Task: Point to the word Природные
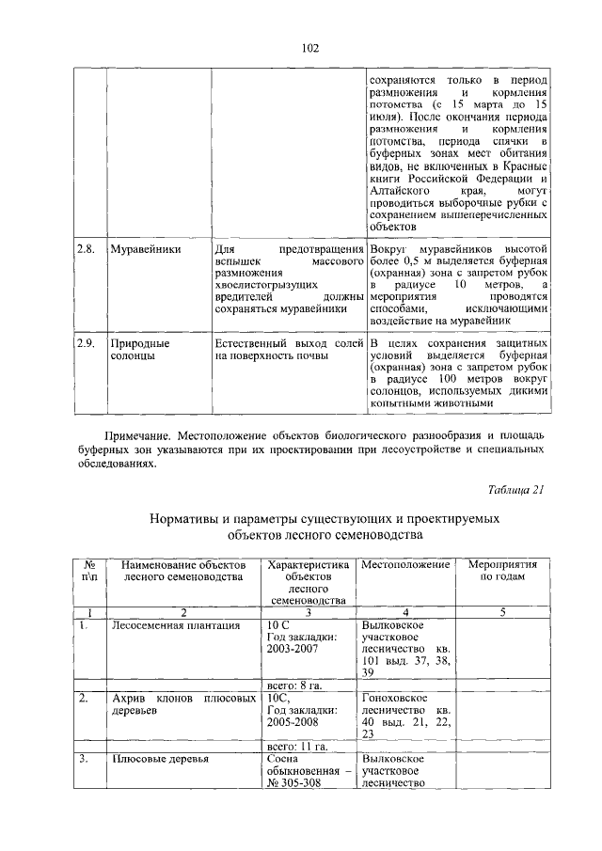[138, 344]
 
